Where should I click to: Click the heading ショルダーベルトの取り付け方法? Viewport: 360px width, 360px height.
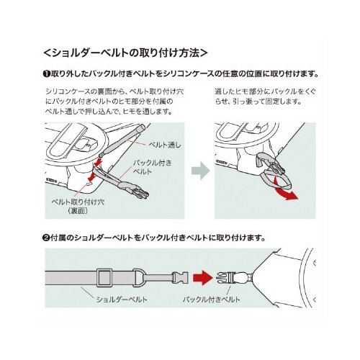coord(125,53)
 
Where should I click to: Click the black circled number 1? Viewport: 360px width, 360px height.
coord(45,73)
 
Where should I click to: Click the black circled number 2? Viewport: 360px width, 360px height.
coord(45,238)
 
